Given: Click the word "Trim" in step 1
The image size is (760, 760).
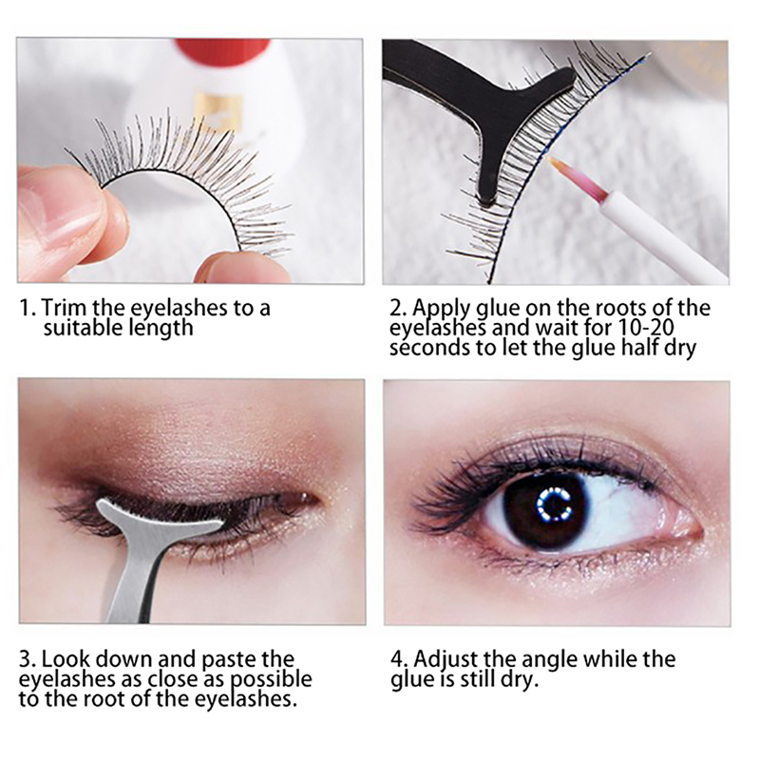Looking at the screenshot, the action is (64, 307).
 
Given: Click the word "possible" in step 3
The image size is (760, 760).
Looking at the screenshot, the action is (271, 680).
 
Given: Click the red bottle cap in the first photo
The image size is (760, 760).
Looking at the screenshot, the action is (223, 51).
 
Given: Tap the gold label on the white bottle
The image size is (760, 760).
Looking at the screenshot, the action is (221, 110).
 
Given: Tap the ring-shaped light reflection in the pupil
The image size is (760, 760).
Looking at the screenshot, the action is (554, 503).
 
